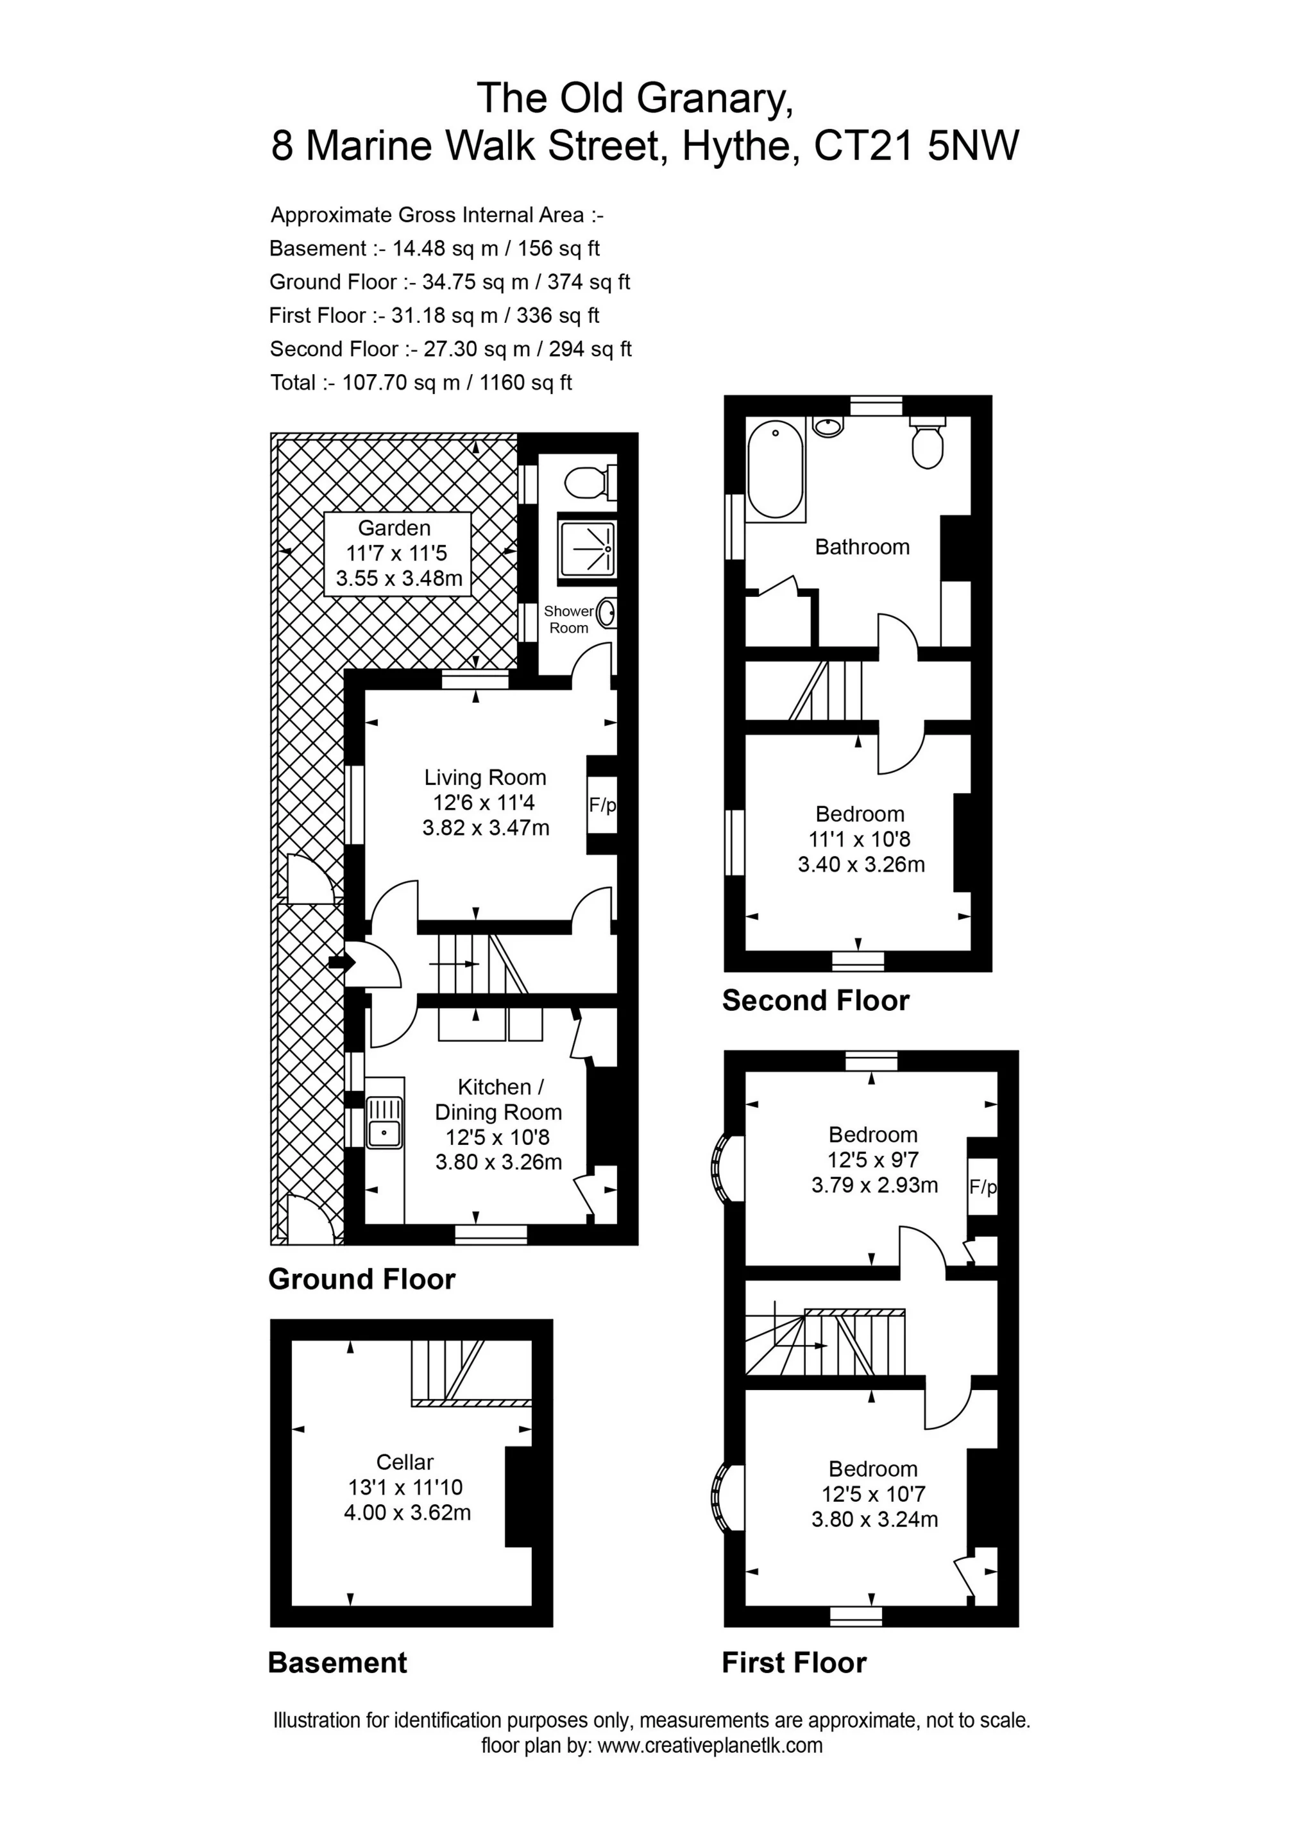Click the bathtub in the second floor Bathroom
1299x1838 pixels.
coord(775,470)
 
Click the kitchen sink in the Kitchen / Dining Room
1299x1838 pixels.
coord(385,1122)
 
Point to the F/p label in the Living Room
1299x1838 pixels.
coord(602,805)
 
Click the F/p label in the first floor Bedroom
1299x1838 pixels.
coord(983,1187)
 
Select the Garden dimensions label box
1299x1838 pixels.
coord(397,553)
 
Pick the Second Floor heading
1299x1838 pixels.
coord(815,1001)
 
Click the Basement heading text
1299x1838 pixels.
coord(337,1663)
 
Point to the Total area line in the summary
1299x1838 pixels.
coord(421,382)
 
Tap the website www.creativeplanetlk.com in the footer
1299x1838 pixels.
coord(710,1767)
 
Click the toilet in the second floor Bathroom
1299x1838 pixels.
coord(927,446)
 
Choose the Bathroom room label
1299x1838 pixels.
coord(862,547)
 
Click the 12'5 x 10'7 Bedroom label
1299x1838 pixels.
coord(873,1494)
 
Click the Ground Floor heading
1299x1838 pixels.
coord(362,1279)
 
